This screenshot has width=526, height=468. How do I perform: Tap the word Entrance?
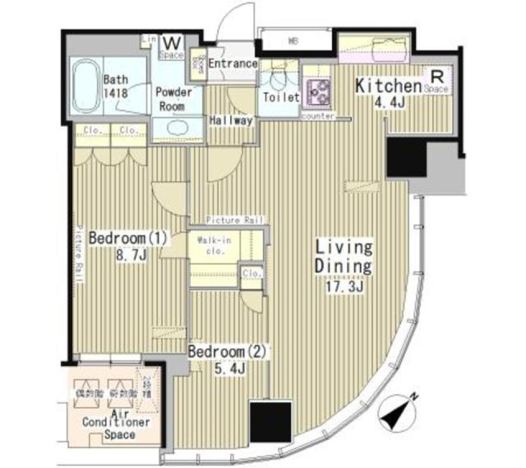click(232, 64)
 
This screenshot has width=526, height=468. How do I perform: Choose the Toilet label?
click(281, 98)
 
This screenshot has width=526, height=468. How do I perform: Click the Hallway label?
click(231, 120)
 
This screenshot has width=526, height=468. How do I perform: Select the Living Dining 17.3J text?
click(343, 266)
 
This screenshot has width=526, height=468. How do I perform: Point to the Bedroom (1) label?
click(128, 247)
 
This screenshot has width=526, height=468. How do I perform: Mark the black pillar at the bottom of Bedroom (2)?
click(270, 421)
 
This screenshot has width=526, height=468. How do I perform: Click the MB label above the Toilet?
click(293, 40)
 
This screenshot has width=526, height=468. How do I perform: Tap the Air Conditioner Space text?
click(116, 422)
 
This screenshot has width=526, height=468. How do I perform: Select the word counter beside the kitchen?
click(317, 116)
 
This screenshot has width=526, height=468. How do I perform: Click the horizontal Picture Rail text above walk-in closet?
click(235, 220)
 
